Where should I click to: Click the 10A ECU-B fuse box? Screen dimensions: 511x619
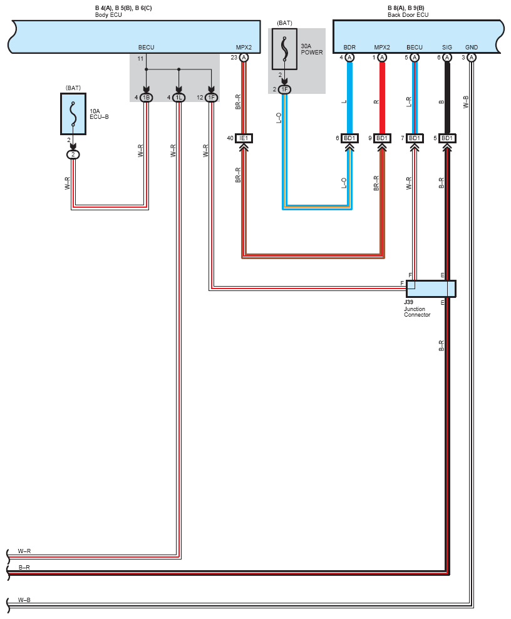click(x=73, y=114)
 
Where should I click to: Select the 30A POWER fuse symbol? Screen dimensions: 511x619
click(x=284, y=49)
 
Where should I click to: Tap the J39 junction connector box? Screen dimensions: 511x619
click(x=431, y=289)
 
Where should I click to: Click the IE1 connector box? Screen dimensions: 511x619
click(x=244, y=138)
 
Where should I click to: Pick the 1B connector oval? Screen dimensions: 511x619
click(x=146, y=98)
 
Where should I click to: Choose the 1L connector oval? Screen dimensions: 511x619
click(x=179, y=98)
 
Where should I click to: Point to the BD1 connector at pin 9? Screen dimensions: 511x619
click(x=382, y=138)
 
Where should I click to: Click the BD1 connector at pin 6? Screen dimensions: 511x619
click(x=349, y=138)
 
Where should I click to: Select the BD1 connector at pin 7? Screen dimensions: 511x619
click(x=415, y=138)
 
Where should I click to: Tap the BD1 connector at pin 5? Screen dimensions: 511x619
click(x=447, y=138)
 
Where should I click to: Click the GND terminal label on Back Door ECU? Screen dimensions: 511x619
click(x=472, y=48)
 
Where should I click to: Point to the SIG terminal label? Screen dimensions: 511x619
click(x=447, y=48)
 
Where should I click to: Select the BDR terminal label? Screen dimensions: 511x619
click(x=349, y=48)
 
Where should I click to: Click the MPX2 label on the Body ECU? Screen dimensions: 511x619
click(x=244, y=48)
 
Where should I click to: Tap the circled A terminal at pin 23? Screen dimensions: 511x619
click(x=244, y=58)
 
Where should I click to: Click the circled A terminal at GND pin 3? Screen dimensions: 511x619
click(x=472, y=58)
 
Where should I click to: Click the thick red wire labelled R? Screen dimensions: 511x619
click(x=382, y=98)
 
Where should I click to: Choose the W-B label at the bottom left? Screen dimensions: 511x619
click(x=24, y=600)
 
